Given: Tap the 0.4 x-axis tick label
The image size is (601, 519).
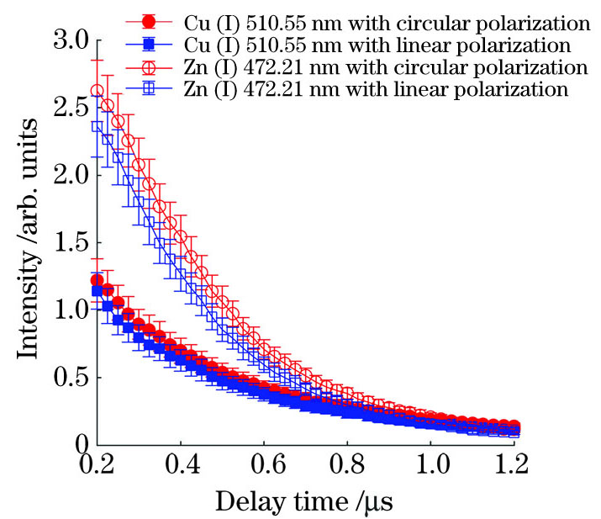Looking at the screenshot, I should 264,465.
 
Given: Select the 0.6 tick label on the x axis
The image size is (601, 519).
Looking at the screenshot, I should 347,465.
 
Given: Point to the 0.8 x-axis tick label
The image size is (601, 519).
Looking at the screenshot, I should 430,465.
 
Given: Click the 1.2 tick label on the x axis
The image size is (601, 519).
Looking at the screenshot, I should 514,465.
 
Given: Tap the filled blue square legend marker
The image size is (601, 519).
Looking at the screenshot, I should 148,43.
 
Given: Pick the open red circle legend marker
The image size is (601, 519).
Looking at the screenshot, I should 148,66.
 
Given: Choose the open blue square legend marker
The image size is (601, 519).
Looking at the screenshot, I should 148,87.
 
